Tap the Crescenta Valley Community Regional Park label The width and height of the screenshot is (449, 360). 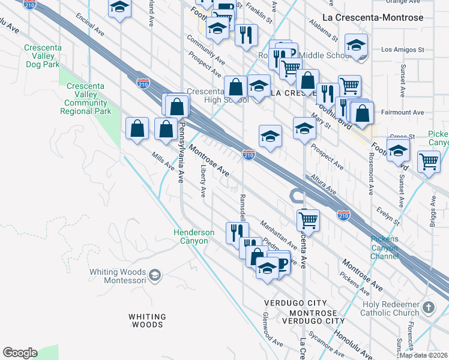tap(86, 98)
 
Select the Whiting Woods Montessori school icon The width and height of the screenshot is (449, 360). tap(155, 275)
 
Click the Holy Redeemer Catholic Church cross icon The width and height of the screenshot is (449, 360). tap(428, 308)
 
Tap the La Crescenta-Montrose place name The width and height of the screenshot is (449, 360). tap(373, 17)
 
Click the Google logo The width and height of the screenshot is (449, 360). tap(20, 353)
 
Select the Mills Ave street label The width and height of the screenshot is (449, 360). tap(162, 161)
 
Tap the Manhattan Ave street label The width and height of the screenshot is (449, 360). tap(279, 235)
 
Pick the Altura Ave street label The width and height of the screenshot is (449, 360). tap(324, 184)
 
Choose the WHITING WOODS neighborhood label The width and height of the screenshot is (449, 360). tap(147, 320)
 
